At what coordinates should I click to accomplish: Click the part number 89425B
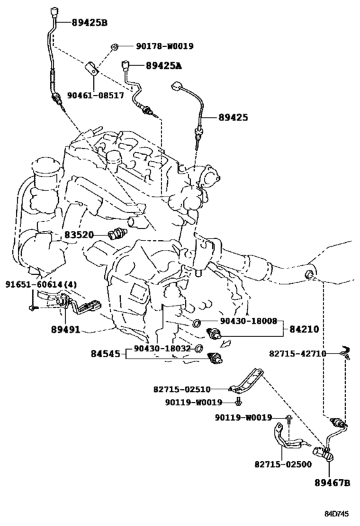point(89,23)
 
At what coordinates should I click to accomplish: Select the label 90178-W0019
point(165,46)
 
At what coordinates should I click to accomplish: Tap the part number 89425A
point(163,66)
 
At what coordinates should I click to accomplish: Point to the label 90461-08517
point(96,96)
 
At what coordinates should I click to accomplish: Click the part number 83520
point(79,235)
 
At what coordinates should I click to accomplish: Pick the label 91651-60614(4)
point(41,285)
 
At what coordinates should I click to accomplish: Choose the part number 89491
point(66,329)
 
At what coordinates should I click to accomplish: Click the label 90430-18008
point(249,321)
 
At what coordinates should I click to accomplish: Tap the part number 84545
point(105,354)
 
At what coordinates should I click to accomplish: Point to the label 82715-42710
point(298,354)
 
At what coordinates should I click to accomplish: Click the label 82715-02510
point(182,389)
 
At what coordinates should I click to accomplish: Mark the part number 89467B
point(332,483)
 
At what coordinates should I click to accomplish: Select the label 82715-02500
point(283,464)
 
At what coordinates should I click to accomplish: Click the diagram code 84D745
point(336,514)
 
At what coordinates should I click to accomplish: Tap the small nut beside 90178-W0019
point(114,47)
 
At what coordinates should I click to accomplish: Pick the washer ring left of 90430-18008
point(197,322)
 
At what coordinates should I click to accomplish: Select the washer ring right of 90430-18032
point(199,348)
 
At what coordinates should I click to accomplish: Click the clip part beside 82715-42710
point(346,353)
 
